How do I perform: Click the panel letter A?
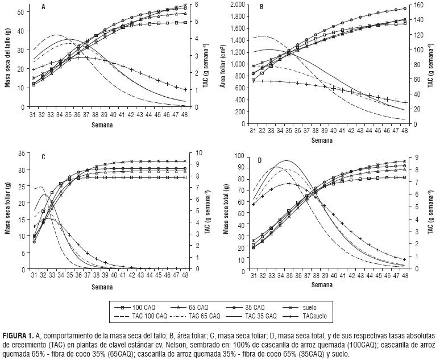(x=44, y=7)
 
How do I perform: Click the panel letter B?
(x=262, y=7)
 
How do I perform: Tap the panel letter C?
(x=43, y=156)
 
